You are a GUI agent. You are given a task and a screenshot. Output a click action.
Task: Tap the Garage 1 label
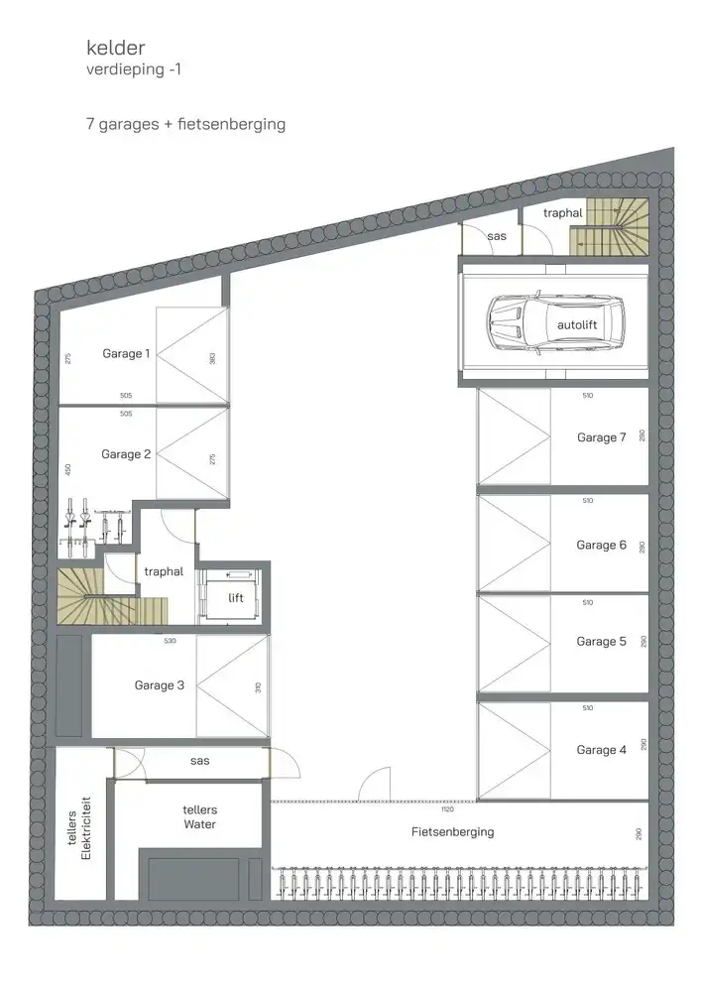(x=126, y=354)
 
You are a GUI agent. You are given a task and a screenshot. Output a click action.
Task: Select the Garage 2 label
(x=126, y=454)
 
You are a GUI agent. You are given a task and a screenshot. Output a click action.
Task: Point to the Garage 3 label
(x=160, y=684)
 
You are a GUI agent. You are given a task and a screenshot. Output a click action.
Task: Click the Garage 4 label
(x=601, y=750)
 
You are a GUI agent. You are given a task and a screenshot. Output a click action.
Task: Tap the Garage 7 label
(x=601, y=437)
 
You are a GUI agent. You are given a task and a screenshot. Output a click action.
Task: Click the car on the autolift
(x=556, y=323)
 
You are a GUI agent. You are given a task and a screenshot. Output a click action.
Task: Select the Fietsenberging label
(x=452, y=832)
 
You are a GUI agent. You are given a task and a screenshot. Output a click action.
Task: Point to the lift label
(x=235, y=598)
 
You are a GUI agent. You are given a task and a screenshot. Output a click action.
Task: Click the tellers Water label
(x=199, y=817)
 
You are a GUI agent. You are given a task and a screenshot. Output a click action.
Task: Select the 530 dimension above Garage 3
(x=170, y=642)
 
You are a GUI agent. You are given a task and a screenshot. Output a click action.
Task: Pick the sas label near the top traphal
(x=496, y=236)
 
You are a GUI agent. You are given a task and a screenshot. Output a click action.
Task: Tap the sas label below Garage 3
(x=198, y=761)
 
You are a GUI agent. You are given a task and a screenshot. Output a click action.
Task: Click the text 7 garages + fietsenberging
(x=185, y=125)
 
